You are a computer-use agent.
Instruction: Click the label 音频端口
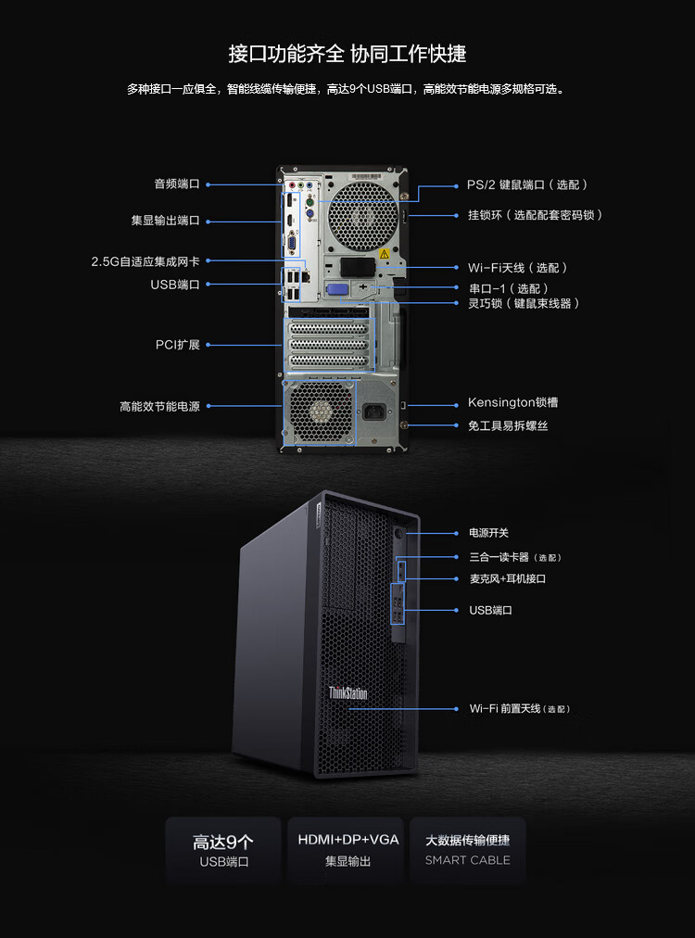pyautogui.click(x=177, y=184)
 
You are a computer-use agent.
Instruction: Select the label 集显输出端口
pyautogui.click(x=166, y=221)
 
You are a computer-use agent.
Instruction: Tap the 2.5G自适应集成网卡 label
pyautogui.click(x=145, y=261)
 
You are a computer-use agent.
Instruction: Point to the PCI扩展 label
pyautogui.click(x=178, y=345)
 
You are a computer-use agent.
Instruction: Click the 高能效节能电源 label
pyautogui.click(x=159, y=406)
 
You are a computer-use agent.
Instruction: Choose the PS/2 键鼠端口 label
pyautogui.click(x=506, y=184)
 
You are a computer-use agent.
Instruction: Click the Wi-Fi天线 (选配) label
pyautogui.click(x=518, y=267)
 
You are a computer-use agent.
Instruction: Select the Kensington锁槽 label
pyautogui.click(x=513, y=402)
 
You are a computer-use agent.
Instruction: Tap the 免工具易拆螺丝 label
pyautogui.click(x=508, y=426)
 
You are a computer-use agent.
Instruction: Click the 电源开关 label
pyautogui.click(x=488, y=533)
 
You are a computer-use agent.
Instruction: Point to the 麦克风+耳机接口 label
pyautogui.click(x=508, y=578)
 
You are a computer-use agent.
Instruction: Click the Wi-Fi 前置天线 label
pyautogui.click(x=505, y=709)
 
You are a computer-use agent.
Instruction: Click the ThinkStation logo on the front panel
pyautogui.click(x=347, y=693)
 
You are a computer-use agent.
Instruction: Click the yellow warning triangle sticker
pyautogui.click(x=384, y=254)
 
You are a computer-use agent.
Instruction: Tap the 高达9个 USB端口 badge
pyautogui.click(x=223, y=850)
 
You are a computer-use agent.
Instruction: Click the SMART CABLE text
pyautogui.click(x=468, y=860)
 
